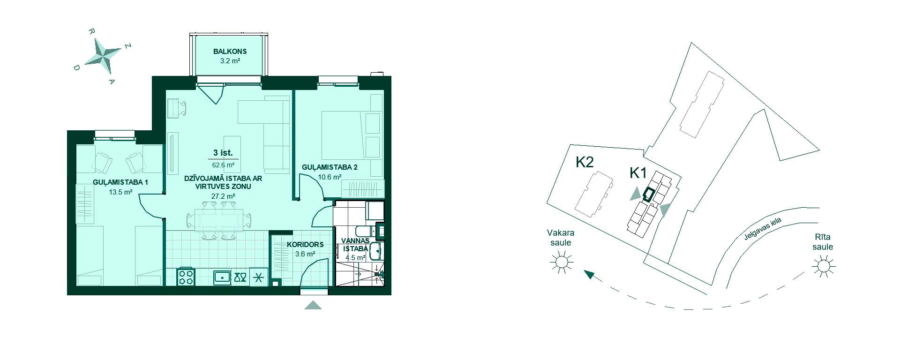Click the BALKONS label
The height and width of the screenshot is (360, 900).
[x=230, y=52]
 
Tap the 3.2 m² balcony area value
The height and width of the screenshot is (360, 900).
[x=230, y=61]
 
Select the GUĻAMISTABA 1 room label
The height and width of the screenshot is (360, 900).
[x=120, y=182]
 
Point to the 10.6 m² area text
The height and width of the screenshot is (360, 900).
[x=330, y=177]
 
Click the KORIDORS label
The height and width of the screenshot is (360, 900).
[x=305, y=245]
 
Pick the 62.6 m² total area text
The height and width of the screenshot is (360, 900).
[x=223, y=165]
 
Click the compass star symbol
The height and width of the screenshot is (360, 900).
[x=103, y=56]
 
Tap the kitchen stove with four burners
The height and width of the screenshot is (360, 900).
[x=186, y=277]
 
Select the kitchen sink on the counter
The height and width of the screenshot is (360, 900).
[x=222, y=277]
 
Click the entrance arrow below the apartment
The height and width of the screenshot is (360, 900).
[x=313, y=305]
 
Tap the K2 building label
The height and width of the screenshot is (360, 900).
[x=585, y=162]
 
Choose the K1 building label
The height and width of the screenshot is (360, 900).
[x=638, y=173]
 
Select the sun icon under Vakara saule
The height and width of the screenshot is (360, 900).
[x=561, y=262]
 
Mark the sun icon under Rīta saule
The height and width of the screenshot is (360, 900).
[x=823, y=267]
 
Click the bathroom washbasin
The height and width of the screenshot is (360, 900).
[x=375, y=251]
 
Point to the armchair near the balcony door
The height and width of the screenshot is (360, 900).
[x=177, y=108]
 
